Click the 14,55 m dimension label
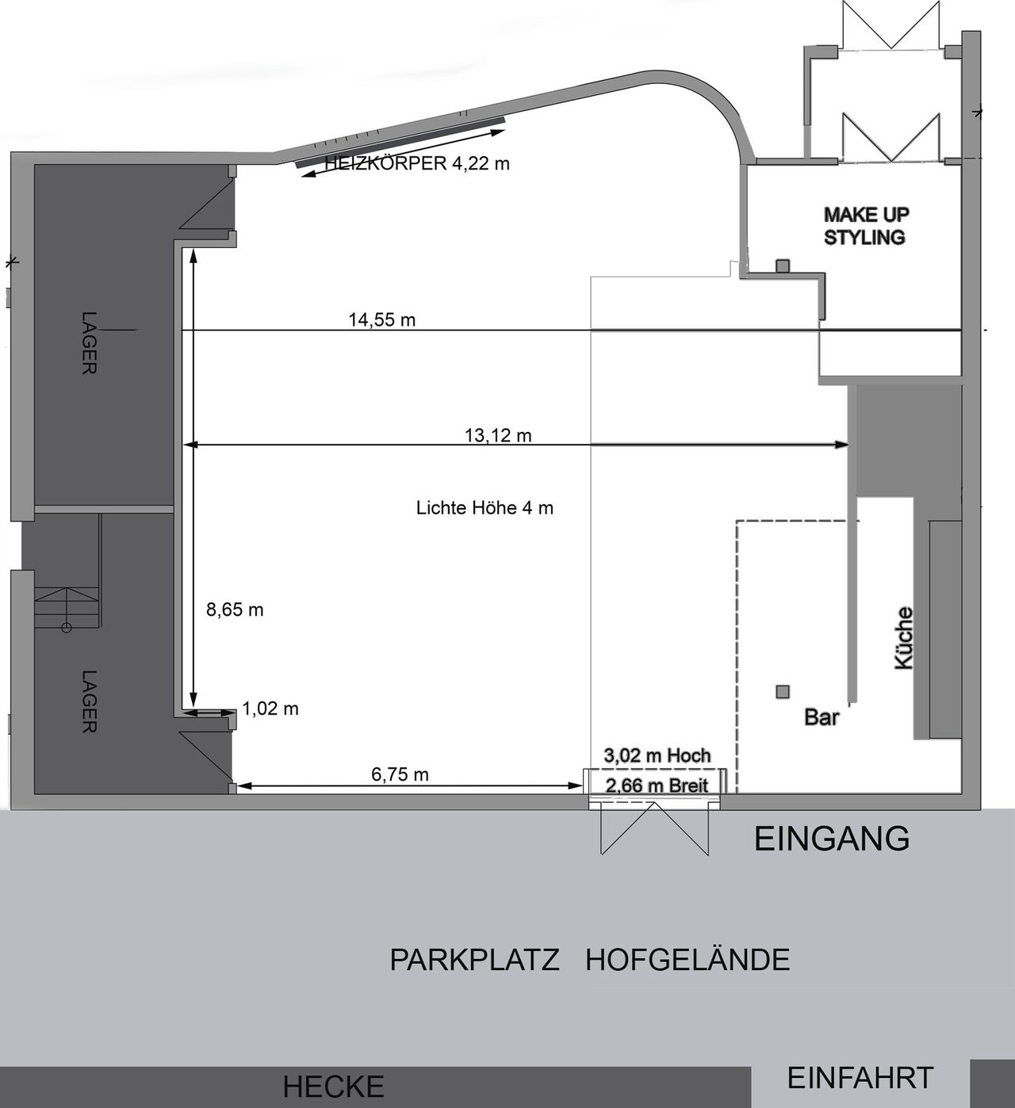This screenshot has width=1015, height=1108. click(x=381, y=319)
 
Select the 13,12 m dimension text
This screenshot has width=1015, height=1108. click(x=498, y=435)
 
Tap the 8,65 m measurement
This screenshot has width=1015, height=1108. click(x=235, y=609)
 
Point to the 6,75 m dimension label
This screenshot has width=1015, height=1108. click(x=400, y=774)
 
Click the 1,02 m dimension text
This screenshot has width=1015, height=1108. click(x=270, y=709)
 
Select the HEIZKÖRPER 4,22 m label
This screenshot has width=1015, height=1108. click(x=417, y=164)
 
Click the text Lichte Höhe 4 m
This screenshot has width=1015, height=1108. click(x=485, y=508)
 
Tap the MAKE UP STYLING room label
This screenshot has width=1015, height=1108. click(x=865, y=226)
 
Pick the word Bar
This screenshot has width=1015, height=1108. click(x=822, y=717)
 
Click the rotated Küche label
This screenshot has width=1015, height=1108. click(x=903, y=638)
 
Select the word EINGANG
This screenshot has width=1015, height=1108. click(x=831, y=839)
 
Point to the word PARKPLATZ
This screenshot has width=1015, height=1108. click(x=474, y=960)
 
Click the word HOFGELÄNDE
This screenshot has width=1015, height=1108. click(x=688, y=960)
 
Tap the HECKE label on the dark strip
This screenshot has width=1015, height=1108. click(x=333, y=1087)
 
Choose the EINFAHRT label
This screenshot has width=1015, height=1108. click(x=860, y=1079)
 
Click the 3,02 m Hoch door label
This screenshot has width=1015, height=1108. click(x=657, y=755)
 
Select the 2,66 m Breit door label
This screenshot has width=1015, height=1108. click(x=657, y=785)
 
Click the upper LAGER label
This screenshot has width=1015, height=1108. click(x=89, y=342)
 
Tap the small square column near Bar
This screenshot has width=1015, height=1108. click(x=783, y=692)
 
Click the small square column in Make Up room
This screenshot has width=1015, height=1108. click(x=783, y=266)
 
